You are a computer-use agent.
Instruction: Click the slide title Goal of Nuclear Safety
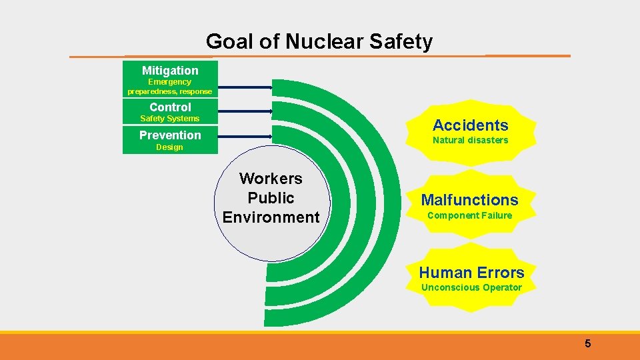coord(319,42)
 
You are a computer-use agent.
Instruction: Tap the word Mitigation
coord(170,71)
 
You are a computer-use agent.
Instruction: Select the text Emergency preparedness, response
coord(170,87)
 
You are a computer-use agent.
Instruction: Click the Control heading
coord(170,107)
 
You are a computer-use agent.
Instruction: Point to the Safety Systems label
coord(170,119)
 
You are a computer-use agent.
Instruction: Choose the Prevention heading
coord(170,135)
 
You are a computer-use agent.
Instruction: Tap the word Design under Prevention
coord(169,147)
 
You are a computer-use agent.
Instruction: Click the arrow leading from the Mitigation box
coord(245,87)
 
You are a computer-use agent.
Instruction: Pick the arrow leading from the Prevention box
coord(245,137)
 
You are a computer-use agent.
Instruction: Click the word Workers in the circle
coord(271,179)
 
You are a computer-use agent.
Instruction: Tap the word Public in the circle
coord(271,198)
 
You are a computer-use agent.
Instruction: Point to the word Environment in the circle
coord(271,217)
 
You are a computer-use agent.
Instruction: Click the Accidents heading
coord(470,125)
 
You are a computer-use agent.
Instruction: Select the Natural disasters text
coord(470,140)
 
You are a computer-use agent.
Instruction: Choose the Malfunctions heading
coord(469,200)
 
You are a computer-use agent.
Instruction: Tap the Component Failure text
coord(469,215)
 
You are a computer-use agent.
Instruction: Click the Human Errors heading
coord(471,273)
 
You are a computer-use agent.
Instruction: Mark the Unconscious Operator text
coord(471,287)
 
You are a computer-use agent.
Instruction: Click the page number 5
coord(587,344)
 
